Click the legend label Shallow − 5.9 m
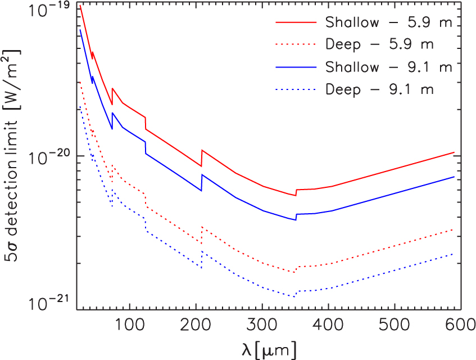[x=389, y=22]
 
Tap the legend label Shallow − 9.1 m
[x=389, y=67]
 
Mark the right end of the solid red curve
[x=454, y=152]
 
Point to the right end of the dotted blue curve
[x=454, y=254]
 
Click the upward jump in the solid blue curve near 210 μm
[x=202, y=182]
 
